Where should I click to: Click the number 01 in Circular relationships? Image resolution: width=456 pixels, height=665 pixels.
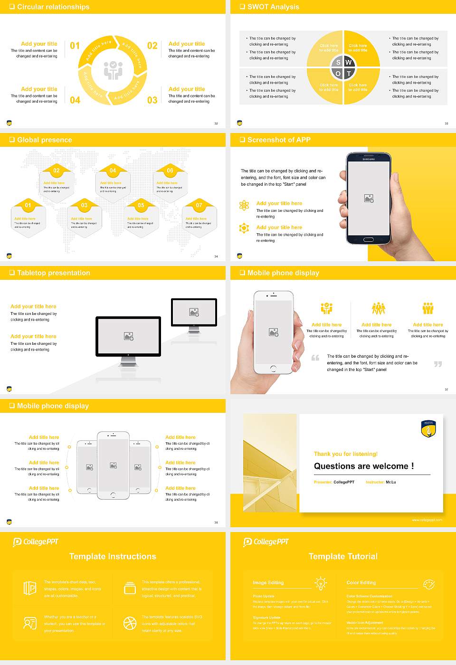(75, 46)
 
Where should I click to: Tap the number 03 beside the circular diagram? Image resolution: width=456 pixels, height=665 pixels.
(152, 100)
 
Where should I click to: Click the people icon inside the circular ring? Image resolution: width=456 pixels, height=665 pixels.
(113, 70)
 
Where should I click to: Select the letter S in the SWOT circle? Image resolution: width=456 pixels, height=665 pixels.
(338, 62)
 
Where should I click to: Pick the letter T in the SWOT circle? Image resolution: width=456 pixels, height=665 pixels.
(349, 74)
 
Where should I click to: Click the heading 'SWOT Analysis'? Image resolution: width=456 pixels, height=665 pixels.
(273, 7)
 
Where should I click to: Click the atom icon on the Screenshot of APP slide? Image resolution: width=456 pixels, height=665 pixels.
(244, 205)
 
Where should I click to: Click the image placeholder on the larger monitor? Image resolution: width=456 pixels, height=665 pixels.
(128, 336)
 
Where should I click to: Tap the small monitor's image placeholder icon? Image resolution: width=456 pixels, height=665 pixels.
(194, 312)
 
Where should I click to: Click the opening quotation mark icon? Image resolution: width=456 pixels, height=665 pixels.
(315, 358)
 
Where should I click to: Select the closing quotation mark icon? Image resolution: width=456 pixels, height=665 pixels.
(438, 364)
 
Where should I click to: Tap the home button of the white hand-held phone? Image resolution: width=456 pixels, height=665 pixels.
(273, 368)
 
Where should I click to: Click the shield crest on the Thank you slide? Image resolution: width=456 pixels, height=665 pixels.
(428, 428)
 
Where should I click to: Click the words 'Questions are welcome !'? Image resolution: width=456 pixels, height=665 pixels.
(363, 466)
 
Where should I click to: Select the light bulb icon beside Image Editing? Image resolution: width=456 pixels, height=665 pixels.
(321, 583)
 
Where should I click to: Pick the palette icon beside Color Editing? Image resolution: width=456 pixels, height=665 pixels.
(428, 584)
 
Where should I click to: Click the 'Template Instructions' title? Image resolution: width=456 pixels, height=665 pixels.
(113, 556)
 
